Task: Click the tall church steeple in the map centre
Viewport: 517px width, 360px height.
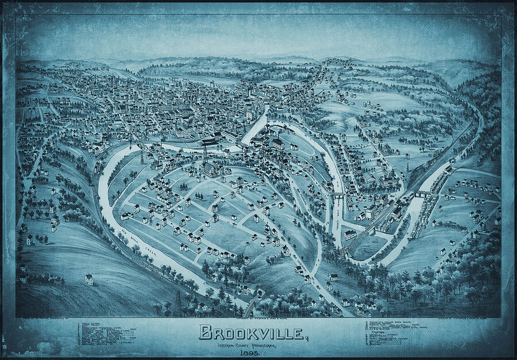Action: [249, 92]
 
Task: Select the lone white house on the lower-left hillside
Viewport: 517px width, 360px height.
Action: [89, 280]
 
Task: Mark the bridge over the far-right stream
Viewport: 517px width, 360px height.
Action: [423, 194]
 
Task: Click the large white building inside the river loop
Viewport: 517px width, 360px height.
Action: [210, 169]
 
